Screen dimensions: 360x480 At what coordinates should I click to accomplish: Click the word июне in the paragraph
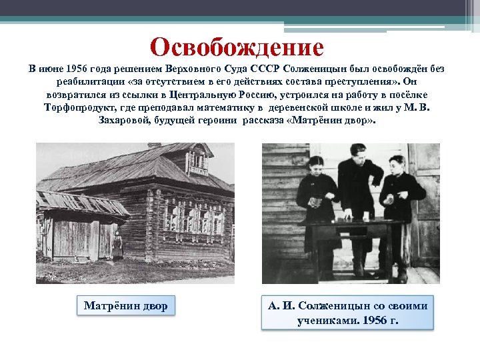[53, 70]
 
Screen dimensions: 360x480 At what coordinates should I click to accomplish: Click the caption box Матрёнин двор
[125, 306]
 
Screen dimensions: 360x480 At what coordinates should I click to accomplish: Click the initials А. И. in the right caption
[279, 306]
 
